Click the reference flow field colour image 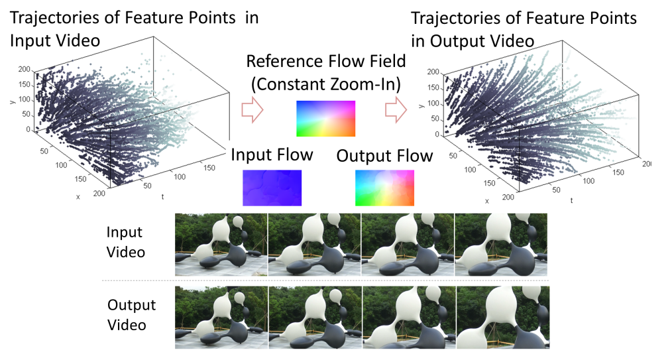pyautogui.click(x=326, y=119)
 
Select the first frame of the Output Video pyautogui.click(x=221, y=317)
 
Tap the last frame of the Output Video pyautogui.click(x=502, y=317)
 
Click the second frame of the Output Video pyautogui.click(x=314, y=317)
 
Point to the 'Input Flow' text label pyautogui.click(x=271, y=155)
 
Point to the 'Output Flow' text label pyautogui.click(x=384, y=156)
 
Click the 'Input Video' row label pyautogui.click(x=126, y=243)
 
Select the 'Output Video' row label pyautogui.click(x=131, y=315)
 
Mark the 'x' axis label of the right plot pyautogui.click(x=487, y=200)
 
